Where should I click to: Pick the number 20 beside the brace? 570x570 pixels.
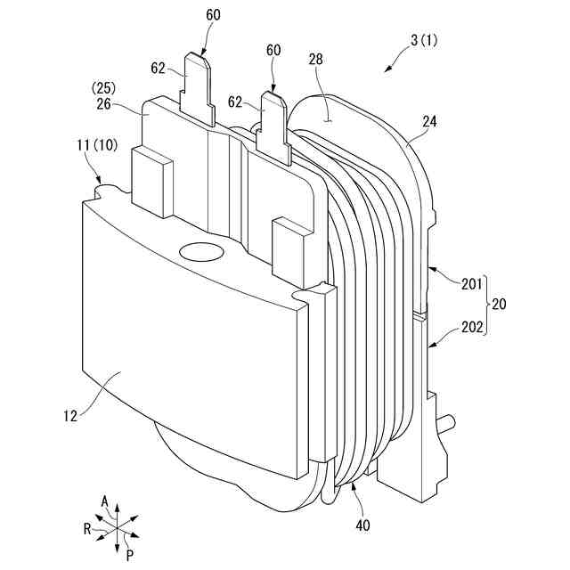[x=500, y=305]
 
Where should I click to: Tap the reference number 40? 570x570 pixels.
[x=362, y=525]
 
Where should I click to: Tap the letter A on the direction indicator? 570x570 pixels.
[x=105, y=503]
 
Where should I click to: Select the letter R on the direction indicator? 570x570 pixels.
[x=86, y=528]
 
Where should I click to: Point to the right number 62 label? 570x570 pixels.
[x=235, y=102]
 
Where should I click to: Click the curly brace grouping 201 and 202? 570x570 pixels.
[x=485, y=305]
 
